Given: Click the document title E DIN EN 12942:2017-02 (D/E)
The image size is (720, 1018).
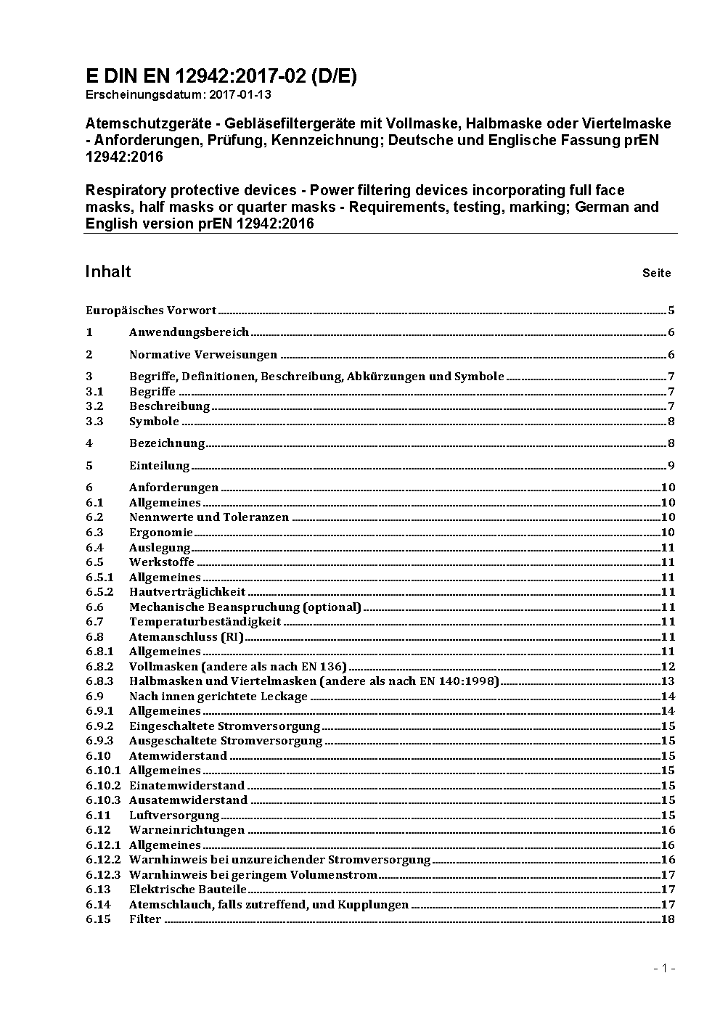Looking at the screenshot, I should (221, 76).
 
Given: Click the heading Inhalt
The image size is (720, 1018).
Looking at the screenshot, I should (108, 271).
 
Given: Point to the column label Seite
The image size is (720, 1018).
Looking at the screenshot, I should (656, 274).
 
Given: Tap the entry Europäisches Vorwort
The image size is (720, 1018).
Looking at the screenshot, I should (151, 311).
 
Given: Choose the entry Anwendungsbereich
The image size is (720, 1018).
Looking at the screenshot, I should (189, 332).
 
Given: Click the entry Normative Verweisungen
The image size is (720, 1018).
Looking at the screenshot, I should (203, 355).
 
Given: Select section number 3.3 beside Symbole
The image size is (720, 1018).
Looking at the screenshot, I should (94, 422).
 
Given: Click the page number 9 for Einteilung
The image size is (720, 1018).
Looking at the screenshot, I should (671, 466).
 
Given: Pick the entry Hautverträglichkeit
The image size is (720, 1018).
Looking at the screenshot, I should (187, 592).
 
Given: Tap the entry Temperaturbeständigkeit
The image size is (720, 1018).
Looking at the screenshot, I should (205, 622).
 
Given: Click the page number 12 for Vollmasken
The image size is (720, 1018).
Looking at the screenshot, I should (668, 667).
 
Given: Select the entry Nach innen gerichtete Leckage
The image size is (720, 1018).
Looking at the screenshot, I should (218, 697).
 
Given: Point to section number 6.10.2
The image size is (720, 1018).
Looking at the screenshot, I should (103, 786).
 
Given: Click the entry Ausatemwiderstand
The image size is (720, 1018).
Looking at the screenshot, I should (188, 800).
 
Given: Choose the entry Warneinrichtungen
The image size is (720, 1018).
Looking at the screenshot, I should (187, 830).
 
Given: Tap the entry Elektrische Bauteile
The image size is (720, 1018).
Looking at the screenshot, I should (188, 890).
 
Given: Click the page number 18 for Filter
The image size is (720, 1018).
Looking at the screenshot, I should (668, 919).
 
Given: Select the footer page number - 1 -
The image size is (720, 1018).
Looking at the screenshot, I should (664, 969).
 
